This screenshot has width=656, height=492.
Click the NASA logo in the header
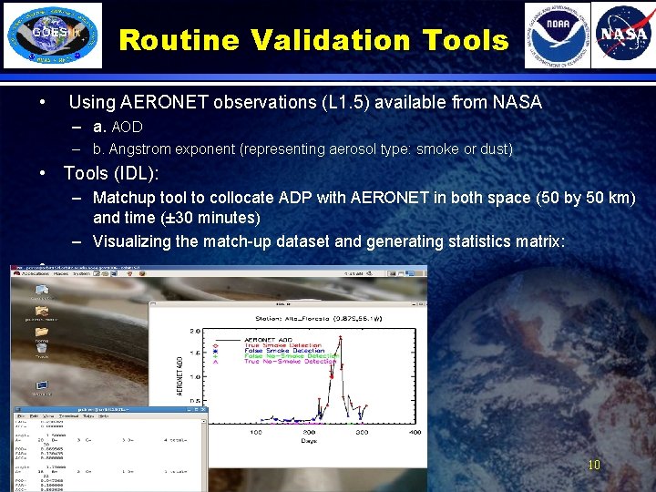pyautogui.click(x=623, y=36)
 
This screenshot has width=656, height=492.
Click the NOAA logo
pyautogui.click(x=557, y=36)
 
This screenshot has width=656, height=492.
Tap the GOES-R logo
pyautogui.click(x=52, y=36)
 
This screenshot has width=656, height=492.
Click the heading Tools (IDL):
pyautogui.click(x=111, y=173)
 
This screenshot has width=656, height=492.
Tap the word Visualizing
pyautogui.click(x=140, y=241)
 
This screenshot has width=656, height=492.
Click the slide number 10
pyautogui.click(x=593, y=465)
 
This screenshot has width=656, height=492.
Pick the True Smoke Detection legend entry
pyautogui.click(x=282, y=345)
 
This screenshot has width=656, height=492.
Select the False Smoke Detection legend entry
pyautogui.click(x=282, y=351)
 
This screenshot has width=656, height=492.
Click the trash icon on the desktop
pyautogui.click(x=41, y=348)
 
